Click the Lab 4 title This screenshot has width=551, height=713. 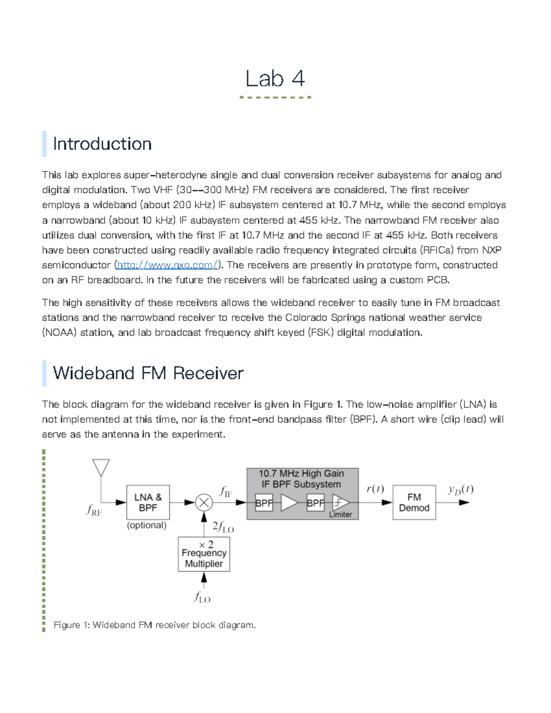(275, 79)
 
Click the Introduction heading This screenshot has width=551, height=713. (102, 144)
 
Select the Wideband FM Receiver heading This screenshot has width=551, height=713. (148, 373)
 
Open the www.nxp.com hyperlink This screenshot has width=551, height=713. (167, 265)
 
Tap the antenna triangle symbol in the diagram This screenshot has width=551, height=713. (101, 467)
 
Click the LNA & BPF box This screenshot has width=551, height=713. (148, 502)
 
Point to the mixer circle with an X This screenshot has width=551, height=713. (204, 502)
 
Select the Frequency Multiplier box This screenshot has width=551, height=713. (204, 555)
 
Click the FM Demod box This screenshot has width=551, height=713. (414, 502)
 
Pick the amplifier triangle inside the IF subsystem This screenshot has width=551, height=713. (289, 502)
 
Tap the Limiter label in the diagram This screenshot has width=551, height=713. (340, 515)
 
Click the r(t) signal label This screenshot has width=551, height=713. (375, 489)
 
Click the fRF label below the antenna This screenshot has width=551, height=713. (94, 510)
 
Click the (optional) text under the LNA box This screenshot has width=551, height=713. (146, 525)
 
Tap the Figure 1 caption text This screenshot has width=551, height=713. (154, 625)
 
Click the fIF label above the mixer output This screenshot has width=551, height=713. (225, 492)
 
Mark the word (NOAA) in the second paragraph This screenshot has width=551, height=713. (59, 332)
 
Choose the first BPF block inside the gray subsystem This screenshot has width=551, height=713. (264, 503)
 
